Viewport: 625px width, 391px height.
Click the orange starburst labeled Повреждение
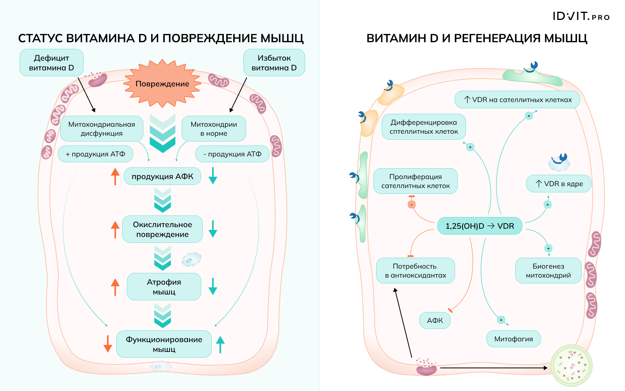[162, 84]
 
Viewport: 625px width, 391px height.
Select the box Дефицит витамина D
[52, 63]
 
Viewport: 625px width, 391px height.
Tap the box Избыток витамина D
[274, 63]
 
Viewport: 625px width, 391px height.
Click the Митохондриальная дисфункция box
[102, 129]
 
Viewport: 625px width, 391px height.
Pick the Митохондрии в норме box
[214, 129]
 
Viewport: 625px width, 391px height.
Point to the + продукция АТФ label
[95, 154]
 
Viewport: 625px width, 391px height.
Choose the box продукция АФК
[162, 176]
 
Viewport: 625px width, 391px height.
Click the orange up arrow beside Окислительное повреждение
[115, 230]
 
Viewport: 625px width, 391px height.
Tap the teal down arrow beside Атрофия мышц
[213, 286]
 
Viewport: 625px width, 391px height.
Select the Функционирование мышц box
[164, 344]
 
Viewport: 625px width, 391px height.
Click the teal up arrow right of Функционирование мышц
[220, 344]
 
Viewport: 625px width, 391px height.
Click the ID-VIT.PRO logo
[581, 16]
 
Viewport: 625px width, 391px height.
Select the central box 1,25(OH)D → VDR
[480, 226]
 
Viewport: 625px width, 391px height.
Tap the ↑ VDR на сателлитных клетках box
[517, 100]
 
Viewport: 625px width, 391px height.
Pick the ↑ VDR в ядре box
[559, 184]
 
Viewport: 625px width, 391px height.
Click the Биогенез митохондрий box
[548, 271]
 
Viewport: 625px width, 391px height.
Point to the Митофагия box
[513, 339]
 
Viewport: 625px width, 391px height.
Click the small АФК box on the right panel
[435, 321]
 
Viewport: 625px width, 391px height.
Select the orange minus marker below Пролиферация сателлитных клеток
[411, 204]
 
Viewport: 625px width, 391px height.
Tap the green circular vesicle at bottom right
[571, 366]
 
